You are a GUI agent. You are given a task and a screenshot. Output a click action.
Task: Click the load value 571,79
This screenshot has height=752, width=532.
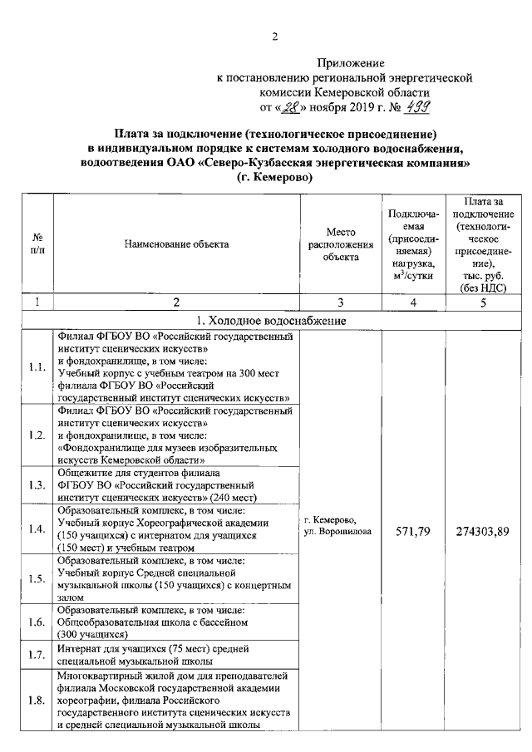click(x=411, y=531)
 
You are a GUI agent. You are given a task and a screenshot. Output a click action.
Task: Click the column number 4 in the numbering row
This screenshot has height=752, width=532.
click(x=411, y=302)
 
